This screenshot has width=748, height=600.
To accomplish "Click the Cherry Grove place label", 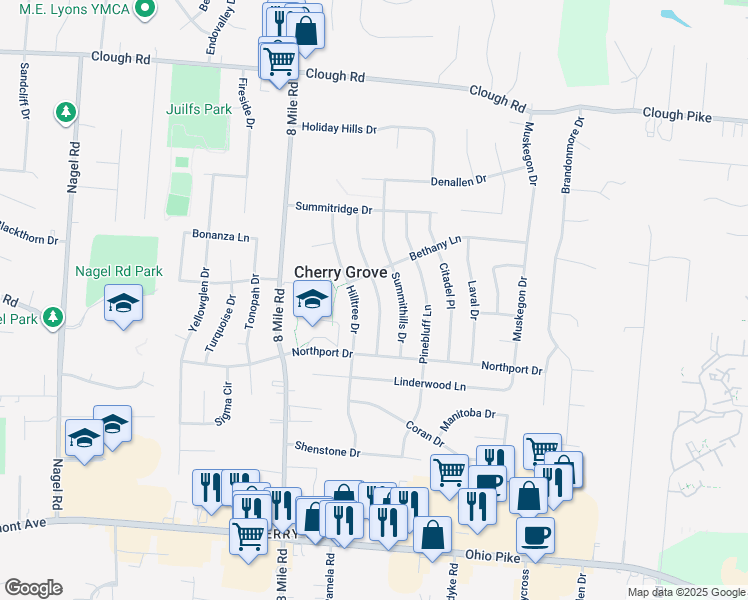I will (x=340, y=272).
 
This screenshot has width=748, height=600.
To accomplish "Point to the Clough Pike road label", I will (x=677, y=116).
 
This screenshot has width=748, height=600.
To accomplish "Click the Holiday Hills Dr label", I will (x=339, y=129).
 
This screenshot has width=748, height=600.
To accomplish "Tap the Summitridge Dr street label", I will (x=333, y=209).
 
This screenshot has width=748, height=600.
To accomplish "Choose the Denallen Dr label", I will (x=458, y=180).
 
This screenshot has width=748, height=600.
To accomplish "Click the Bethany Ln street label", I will (x=434, y=247).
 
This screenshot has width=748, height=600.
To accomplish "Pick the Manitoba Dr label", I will (x=468, y=412).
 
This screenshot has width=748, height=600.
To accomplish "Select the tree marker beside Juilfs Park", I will (x=66, y=111).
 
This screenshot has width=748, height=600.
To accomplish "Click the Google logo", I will (x=32, y=588).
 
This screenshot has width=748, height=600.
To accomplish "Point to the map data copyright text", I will (x=686, y=592).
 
